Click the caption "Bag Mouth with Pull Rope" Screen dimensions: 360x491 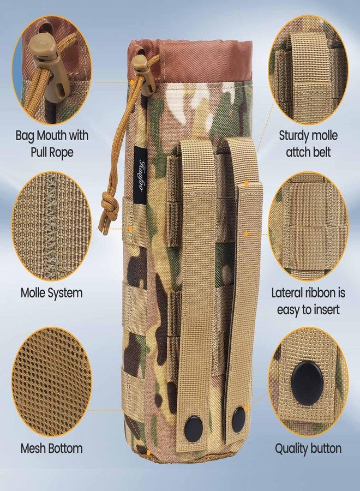tap(52, 143)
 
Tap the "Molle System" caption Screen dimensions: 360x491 tap(52, 293)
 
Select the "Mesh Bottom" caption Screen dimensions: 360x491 tap(52, 448)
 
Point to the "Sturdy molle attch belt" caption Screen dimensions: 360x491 tap(308, 143)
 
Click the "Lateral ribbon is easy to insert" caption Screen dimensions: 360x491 tap(308, 301)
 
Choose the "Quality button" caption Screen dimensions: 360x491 tap(308, 448)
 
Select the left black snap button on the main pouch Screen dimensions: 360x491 tap(193, 429)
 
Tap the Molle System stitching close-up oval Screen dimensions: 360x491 tap(52, 226)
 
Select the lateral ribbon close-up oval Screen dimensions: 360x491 tap(308, 226)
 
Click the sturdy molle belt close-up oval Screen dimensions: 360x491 tap(308, 69)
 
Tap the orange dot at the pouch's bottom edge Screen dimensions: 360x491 tap(148, 453)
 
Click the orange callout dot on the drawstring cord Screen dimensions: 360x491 tap(133, 82)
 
